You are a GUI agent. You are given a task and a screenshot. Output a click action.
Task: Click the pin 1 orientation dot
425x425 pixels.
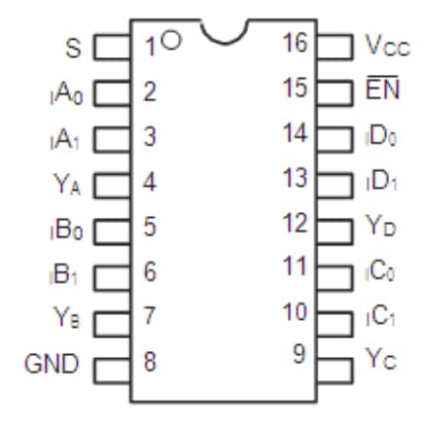171,41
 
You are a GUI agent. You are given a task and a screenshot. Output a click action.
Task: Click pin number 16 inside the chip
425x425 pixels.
295,45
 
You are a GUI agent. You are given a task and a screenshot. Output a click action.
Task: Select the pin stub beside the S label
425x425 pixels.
112,46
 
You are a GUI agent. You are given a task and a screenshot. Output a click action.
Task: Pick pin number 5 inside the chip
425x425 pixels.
150,227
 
